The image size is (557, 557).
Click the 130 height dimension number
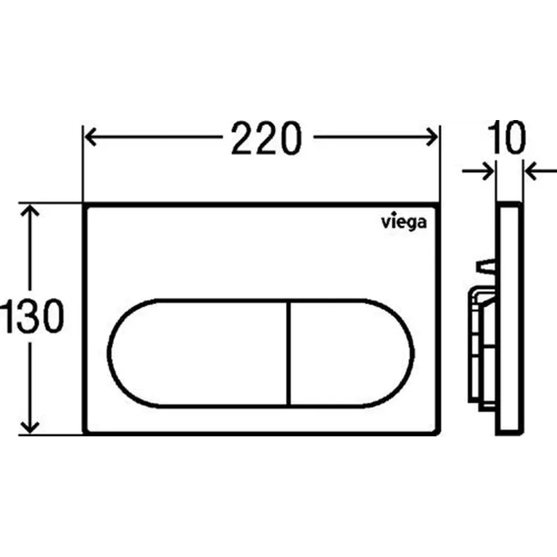(x=31, y=317)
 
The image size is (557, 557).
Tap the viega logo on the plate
(x=402, y=222)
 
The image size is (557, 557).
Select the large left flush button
(x=198, y=353)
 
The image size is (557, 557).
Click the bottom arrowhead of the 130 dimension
(x=30, y=427)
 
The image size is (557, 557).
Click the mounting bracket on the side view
(x=480, y=347)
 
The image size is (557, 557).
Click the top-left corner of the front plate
(x=85, y=205)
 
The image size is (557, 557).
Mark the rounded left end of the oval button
(x=118, y=353)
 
